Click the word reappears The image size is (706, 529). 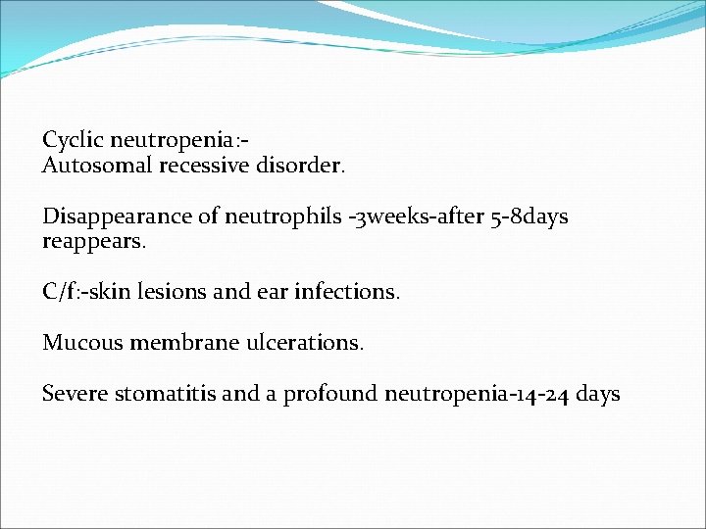[x=93, y=240]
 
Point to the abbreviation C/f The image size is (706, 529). [x=58, y=291]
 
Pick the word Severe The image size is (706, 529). [x=76, y=394]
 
